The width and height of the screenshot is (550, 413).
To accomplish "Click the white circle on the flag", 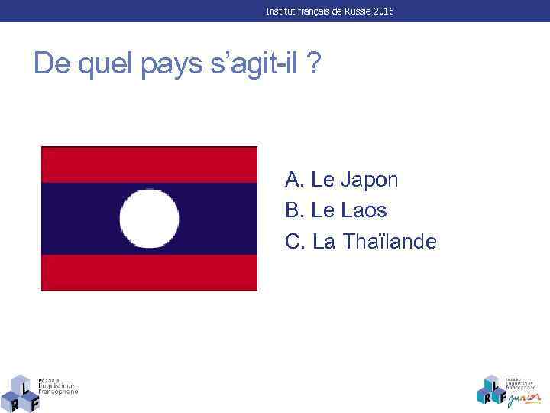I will (x=150, y=219).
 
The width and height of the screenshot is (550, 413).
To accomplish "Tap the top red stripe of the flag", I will (x=150, y=164).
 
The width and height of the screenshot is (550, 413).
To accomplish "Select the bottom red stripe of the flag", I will (x=150, y=272).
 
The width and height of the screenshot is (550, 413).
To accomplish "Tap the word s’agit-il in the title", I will (x=254, y=65).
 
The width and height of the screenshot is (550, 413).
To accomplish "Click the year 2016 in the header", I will (x=384, y=12).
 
